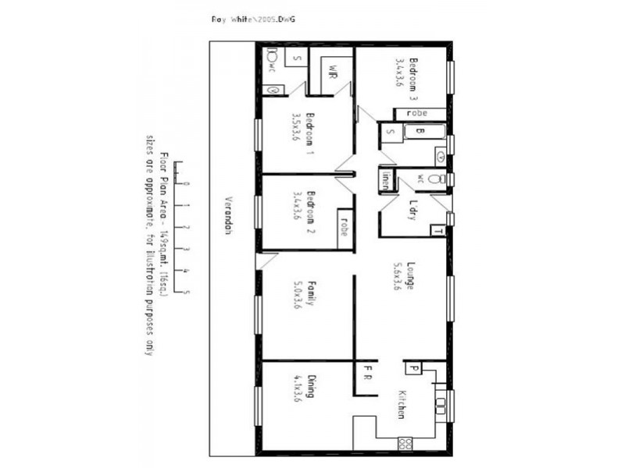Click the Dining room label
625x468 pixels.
[x=310, y=388]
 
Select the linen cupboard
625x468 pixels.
[x=385, y=181]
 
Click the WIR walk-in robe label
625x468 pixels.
[x=331, y=68]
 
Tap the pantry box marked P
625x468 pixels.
[x=412, y=368]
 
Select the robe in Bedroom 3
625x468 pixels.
[x=417, y=114]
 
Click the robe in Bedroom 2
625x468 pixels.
[x=345, y=228]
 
